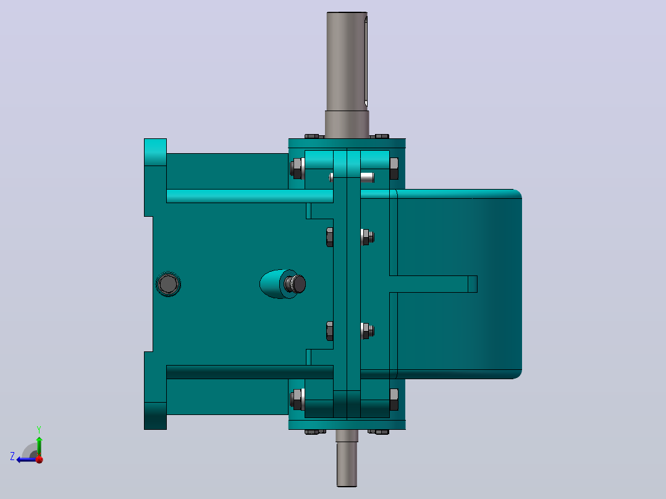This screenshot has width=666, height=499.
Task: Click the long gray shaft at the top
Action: [x=347, y=75]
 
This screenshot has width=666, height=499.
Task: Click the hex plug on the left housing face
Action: [x=168, y=283]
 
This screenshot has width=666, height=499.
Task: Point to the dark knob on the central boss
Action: [x=295, y=283]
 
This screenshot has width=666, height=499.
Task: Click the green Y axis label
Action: [x=39, y=429]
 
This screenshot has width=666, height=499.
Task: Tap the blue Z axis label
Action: [x=12, y=456]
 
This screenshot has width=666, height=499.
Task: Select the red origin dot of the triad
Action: [x=40, y=459]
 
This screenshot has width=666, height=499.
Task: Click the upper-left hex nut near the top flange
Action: [x=297, y=169]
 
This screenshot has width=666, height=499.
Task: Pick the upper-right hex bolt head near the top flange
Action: [x=394, y=169]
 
